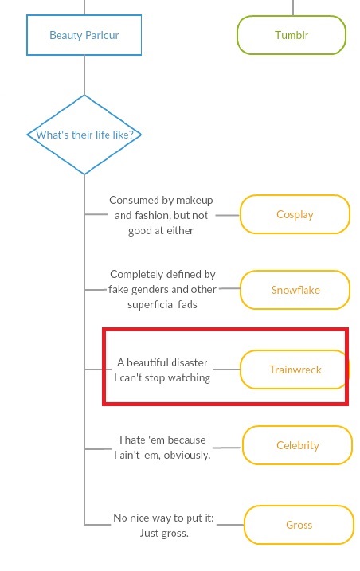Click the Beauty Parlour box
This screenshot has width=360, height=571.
click(84, 35)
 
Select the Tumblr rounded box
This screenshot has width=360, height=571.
click(292, 35)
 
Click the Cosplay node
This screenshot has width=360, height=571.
click(295, 214)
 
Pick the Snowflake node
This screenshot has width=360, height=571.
click(295, 290)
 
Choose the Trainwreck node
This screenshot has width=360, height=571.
click(295, 370)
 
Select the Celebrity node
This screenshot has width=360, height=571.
click(297, 445)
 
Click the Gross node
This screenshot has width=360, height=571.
click(299, 525)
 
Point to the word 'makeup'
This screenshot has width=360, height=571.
click(194, 200)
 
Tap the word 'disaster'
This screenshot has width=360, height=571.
click(189, 362)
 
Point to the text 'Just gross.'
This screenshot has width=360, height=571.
click(164, 533)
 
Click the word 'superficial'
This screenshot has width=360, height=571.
click(151, 304)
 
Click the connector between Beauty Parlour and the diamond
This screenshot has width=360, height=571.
click(84, 76)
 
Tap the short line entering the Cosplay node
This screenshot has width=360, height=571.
click(227, 215)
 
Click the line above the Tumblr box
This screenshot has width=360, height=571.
click(293, 8)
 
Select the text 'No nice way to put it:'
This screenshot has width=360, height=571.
click(163, 518)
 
